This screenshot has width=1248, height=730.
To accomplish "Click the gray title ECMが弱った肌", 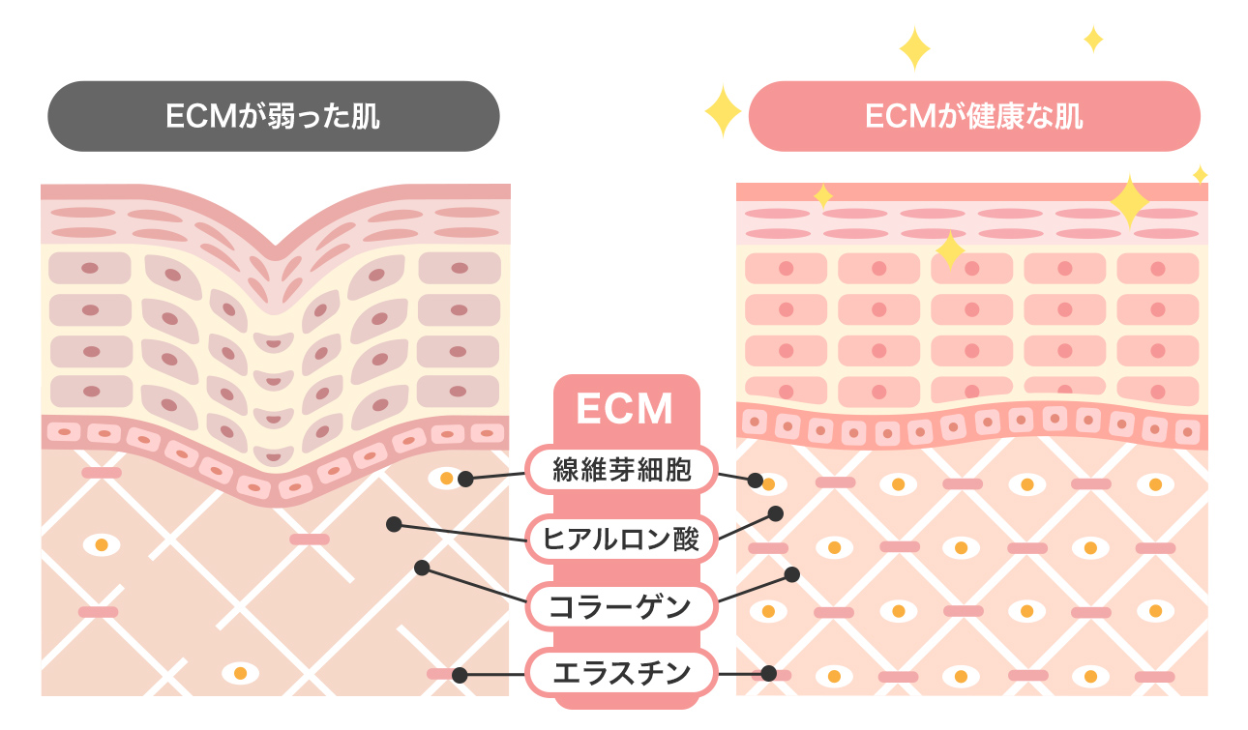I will click(x=274, y=117).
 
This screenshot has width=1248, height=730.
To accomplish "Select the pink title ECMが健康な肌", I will click(x=974, y=117).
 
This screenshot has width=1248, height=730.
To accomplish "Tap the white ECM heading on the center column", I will click(x=624, y=408).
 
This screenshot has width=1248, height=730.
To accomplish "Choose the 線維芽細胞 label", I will click(x=622, y=471).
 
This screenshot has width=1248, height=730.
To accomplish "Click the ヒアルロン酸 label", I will click(x=622, y=540).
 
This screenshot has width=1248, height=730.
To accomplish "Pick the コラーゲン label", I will click(x=622, y=607).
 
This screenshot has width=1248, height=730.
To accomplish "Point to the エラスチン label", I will click(x=622, y=672).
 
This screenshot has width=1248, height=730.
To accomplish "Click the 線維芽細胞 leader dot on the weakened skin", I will click(x=464, y=479).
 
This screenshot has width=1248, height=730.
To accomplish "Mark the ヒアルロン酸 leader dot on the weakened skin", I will click(x=393, y=524).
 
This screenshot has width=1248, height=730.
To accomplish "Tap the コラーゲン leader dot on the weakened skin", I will click(x=422, y=568).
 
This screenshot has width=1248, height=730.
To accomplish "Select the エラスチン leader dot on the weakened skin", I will click(x=460, y=675).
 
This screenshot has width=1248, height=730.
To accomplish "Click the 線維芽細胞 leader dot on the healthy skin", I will click(x=768, y=481).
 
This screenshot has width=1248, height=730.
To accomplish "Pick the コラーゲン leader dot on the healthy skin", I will click(x=791, y=574).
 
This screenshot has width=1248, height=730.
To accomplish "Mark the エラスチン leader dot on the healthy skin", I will click(x=769, y=673).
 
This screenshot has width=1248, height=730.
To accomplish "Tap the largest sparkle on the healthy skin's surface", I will click(x=1129, y=201).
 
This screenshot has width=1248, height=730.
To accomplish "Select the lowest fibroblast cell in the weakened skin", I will click(x=240, y=672).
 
